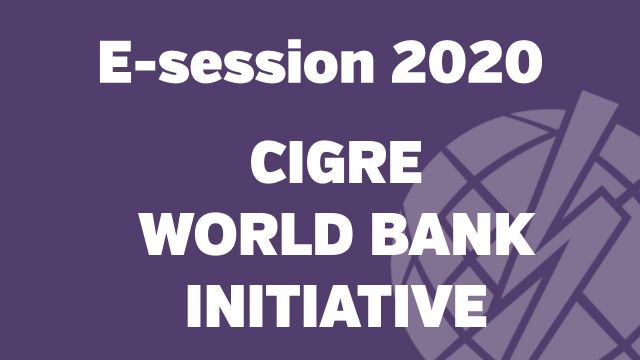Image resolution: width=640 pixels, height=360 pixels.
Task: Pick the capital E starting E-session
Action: click(x=116, y=63)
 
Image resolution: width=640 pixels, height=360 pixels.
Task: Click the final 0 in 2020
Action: click(x=521, y=63)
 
